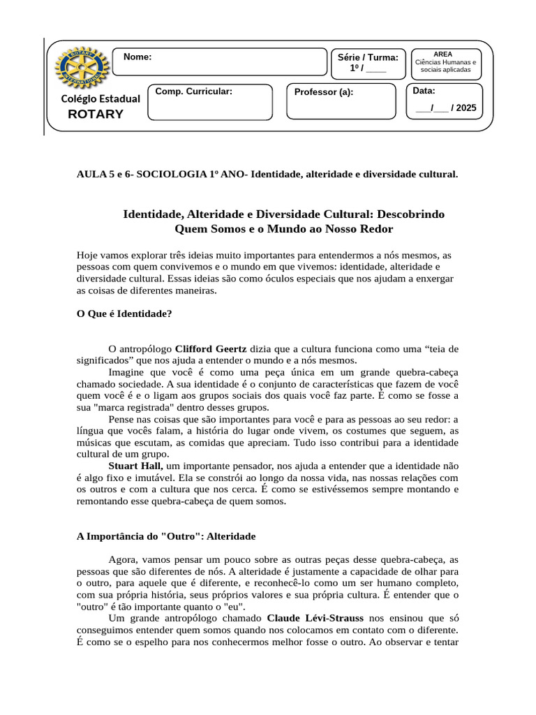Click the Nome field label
point(137,57)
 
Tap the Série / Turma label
point(368,57)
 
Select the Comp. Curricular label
point(193,91)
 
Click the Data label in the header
point(424,91)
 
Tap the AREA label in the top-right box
point(442,54)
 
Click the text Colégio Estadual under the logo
point(100,98)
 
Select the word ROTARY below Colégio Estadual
point(96,115)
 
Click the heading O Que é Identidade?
point(124,314)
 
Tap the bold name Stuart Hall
point(135,465)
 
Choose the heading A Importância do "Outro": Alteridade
point(165,536)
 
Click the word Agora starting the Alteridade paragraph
point(123,559)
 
